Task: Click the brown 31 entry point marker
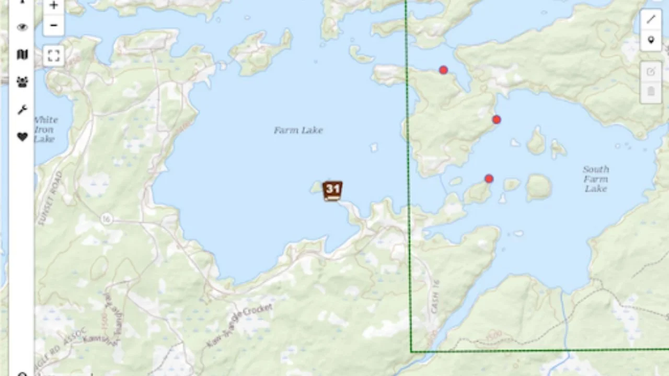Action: (x=332, y=191)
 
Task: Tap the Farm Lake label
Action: (x=298, y=130)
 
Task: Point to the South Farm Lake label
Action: (x=596, y=179)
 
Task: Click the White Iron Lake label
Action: (x=45, y=129)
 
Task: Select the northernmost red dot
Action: (x=443, y=70)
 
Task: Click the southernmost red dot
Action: (x=489, y=179)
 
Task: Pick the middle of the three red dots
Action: (x=497, y=120)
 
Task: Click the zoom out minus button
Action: (x=53, y=25)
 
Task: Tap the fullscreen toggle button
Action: (x=53, y=55)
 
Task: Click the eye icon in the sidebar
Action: (x=22, y=28)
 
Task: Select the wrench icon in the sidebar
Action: (x=22, y=110)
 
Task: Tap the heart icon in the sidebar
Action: (x=22, y=137)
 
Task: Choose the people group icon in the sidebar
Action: (x=22, y=82)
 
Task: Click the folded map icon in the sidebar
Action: (x=22, y=54)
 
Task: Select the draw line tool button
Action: (x=651, y=19)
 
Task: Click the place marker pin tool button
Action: (x=651, y=40)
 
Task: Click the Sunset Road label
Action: (x=50, y=198)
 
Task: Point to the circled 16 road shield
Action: (x=107, y=217)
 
